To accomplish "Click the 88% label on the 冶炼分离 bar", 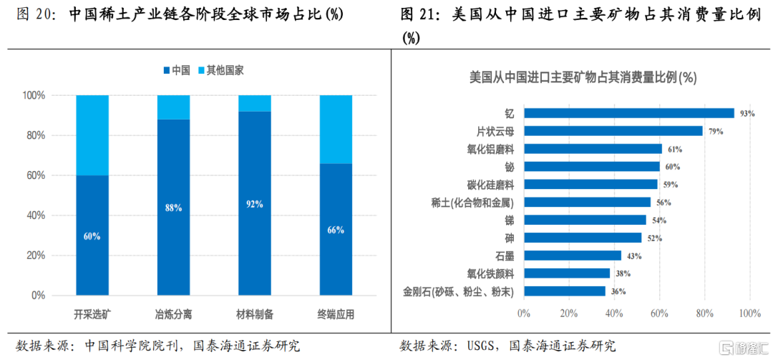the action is [x=173, y=208].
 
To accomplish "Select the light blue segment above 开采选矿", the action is [x=92, y=135].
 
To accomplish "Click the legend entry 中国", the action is [x=177, y=71].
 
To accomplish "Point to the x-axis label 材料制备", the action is [x=255, y=315].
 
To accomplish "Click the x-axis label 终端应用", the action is [x=336, y=315].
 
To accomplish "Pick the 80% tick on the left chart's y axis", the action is [x=35, y=135].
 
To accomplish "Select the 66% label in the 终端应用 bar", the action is [x=336, y=230].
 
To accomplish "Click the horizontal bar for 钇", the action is [x=629, y=113].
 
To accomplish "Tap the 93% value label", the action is [x=747, y=114].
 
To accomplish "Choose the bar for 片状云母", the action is [x=613, y=131].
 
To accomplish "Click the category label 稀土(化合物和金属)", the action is [x=472, y=203].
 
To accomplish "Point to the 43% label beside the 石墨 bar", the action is [x=634, y=256].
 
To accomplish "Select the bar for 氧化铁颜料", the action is [x=567, y=273].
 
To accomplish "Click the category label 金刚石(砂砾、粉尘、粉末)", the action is [x=459, y=291].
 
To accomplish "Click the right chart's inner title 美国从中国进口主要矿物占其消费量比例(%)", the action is [x=582, y=77].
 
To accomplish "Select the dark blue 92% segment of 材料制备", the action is [x=255, y=204].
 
